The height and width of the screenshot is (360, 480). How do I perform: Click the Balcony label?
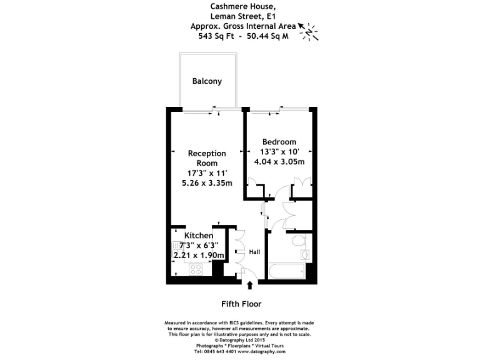[x=206, y=81]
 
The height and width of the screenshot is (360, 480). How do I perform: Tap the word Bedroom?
[x=279, y=142]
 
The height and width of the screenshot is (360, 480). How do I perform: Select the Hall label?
[x=254, y=252]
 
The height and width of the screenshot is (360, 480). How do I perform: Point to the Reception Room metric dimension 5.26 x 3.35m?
[x=206, y=183]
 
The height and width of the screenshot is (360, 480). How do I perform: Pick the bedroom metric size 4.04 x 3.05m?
[x=279, y=162]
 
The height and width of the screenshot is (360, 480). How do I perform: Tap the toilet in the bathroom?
[x=297, y=241]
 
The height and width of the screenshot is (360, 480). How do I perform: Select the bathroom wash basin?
[x=305, y=255]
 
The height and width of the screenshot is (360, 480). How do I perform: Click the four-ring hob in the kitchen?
[x=195, y=270]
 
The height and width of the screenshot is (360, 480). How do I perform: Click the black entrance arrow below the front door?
[x=250, y=286]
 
